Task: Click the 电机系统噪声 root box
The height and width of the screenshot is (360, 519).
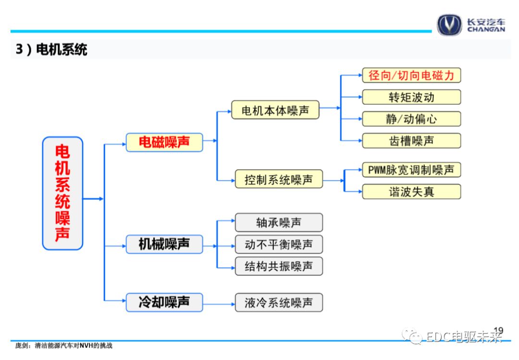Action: click(x=62, y=193)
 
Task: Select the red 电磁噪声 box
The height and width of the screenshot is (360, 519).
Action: click(x=164, y=142)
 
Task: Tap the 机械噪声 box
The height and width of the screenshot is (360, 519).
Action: click(x=164, y=244)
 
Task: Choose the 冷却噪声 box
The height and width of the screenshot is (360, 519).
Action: click(x=164, y=302)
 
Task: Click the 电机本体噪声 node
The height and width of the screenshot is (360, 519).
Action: click(x=275, y=111)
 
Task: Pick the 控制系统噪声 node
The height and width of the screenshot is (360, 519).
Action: click(x=279, y=180)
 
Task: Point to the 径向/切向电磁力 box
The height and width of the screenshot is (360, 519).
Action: click(x=411, y=75)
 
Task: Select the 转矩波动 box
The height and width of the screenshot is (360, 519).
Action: click(x=411, y=97)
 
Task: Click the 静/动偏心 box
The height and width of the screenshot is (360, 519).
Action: click(x=411, y=119)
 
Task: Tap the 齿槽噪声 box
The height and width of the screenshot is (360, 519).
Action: click(x=411, y=140)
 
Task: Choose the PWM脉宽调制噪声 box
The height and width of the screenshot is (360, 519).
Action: click(x=411, y=170)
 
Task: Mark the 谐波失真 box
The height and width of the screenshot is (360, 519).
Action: click(x=411, y=192)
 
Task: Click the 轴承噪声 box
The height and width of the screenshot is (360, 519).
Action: click(x=279, y=223)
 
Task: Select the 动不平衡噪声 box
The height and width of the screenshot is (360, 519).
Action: click(x=279, y=245)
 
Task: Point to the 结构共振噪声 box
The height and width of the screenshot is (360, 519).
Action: click(x=279, y=266)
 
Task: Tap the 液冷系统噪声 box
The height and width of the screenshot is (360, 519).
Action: click(x=279, y=303)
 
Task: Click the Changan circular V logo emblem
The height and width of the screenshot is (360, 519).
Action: click(x=449, y=25)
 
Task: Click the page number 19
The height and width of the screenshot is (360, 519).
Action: click(x=498, y=330)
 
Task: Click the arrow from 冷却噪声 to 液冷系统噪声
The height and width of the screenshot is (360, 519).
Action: click(x=219, y=303)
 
